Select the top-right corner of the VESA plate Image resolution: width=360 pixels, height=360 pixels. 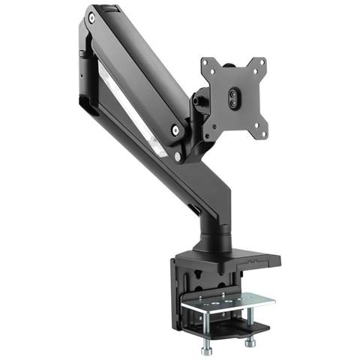point(263,61)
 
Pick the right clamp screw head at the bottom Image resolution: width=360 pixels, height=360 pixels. point(248,342)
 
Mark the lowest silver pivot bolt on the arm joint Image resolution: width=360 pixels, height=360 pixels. point(178,157)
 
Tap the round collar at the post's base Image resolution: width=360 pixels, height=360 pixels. point(213,247)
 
